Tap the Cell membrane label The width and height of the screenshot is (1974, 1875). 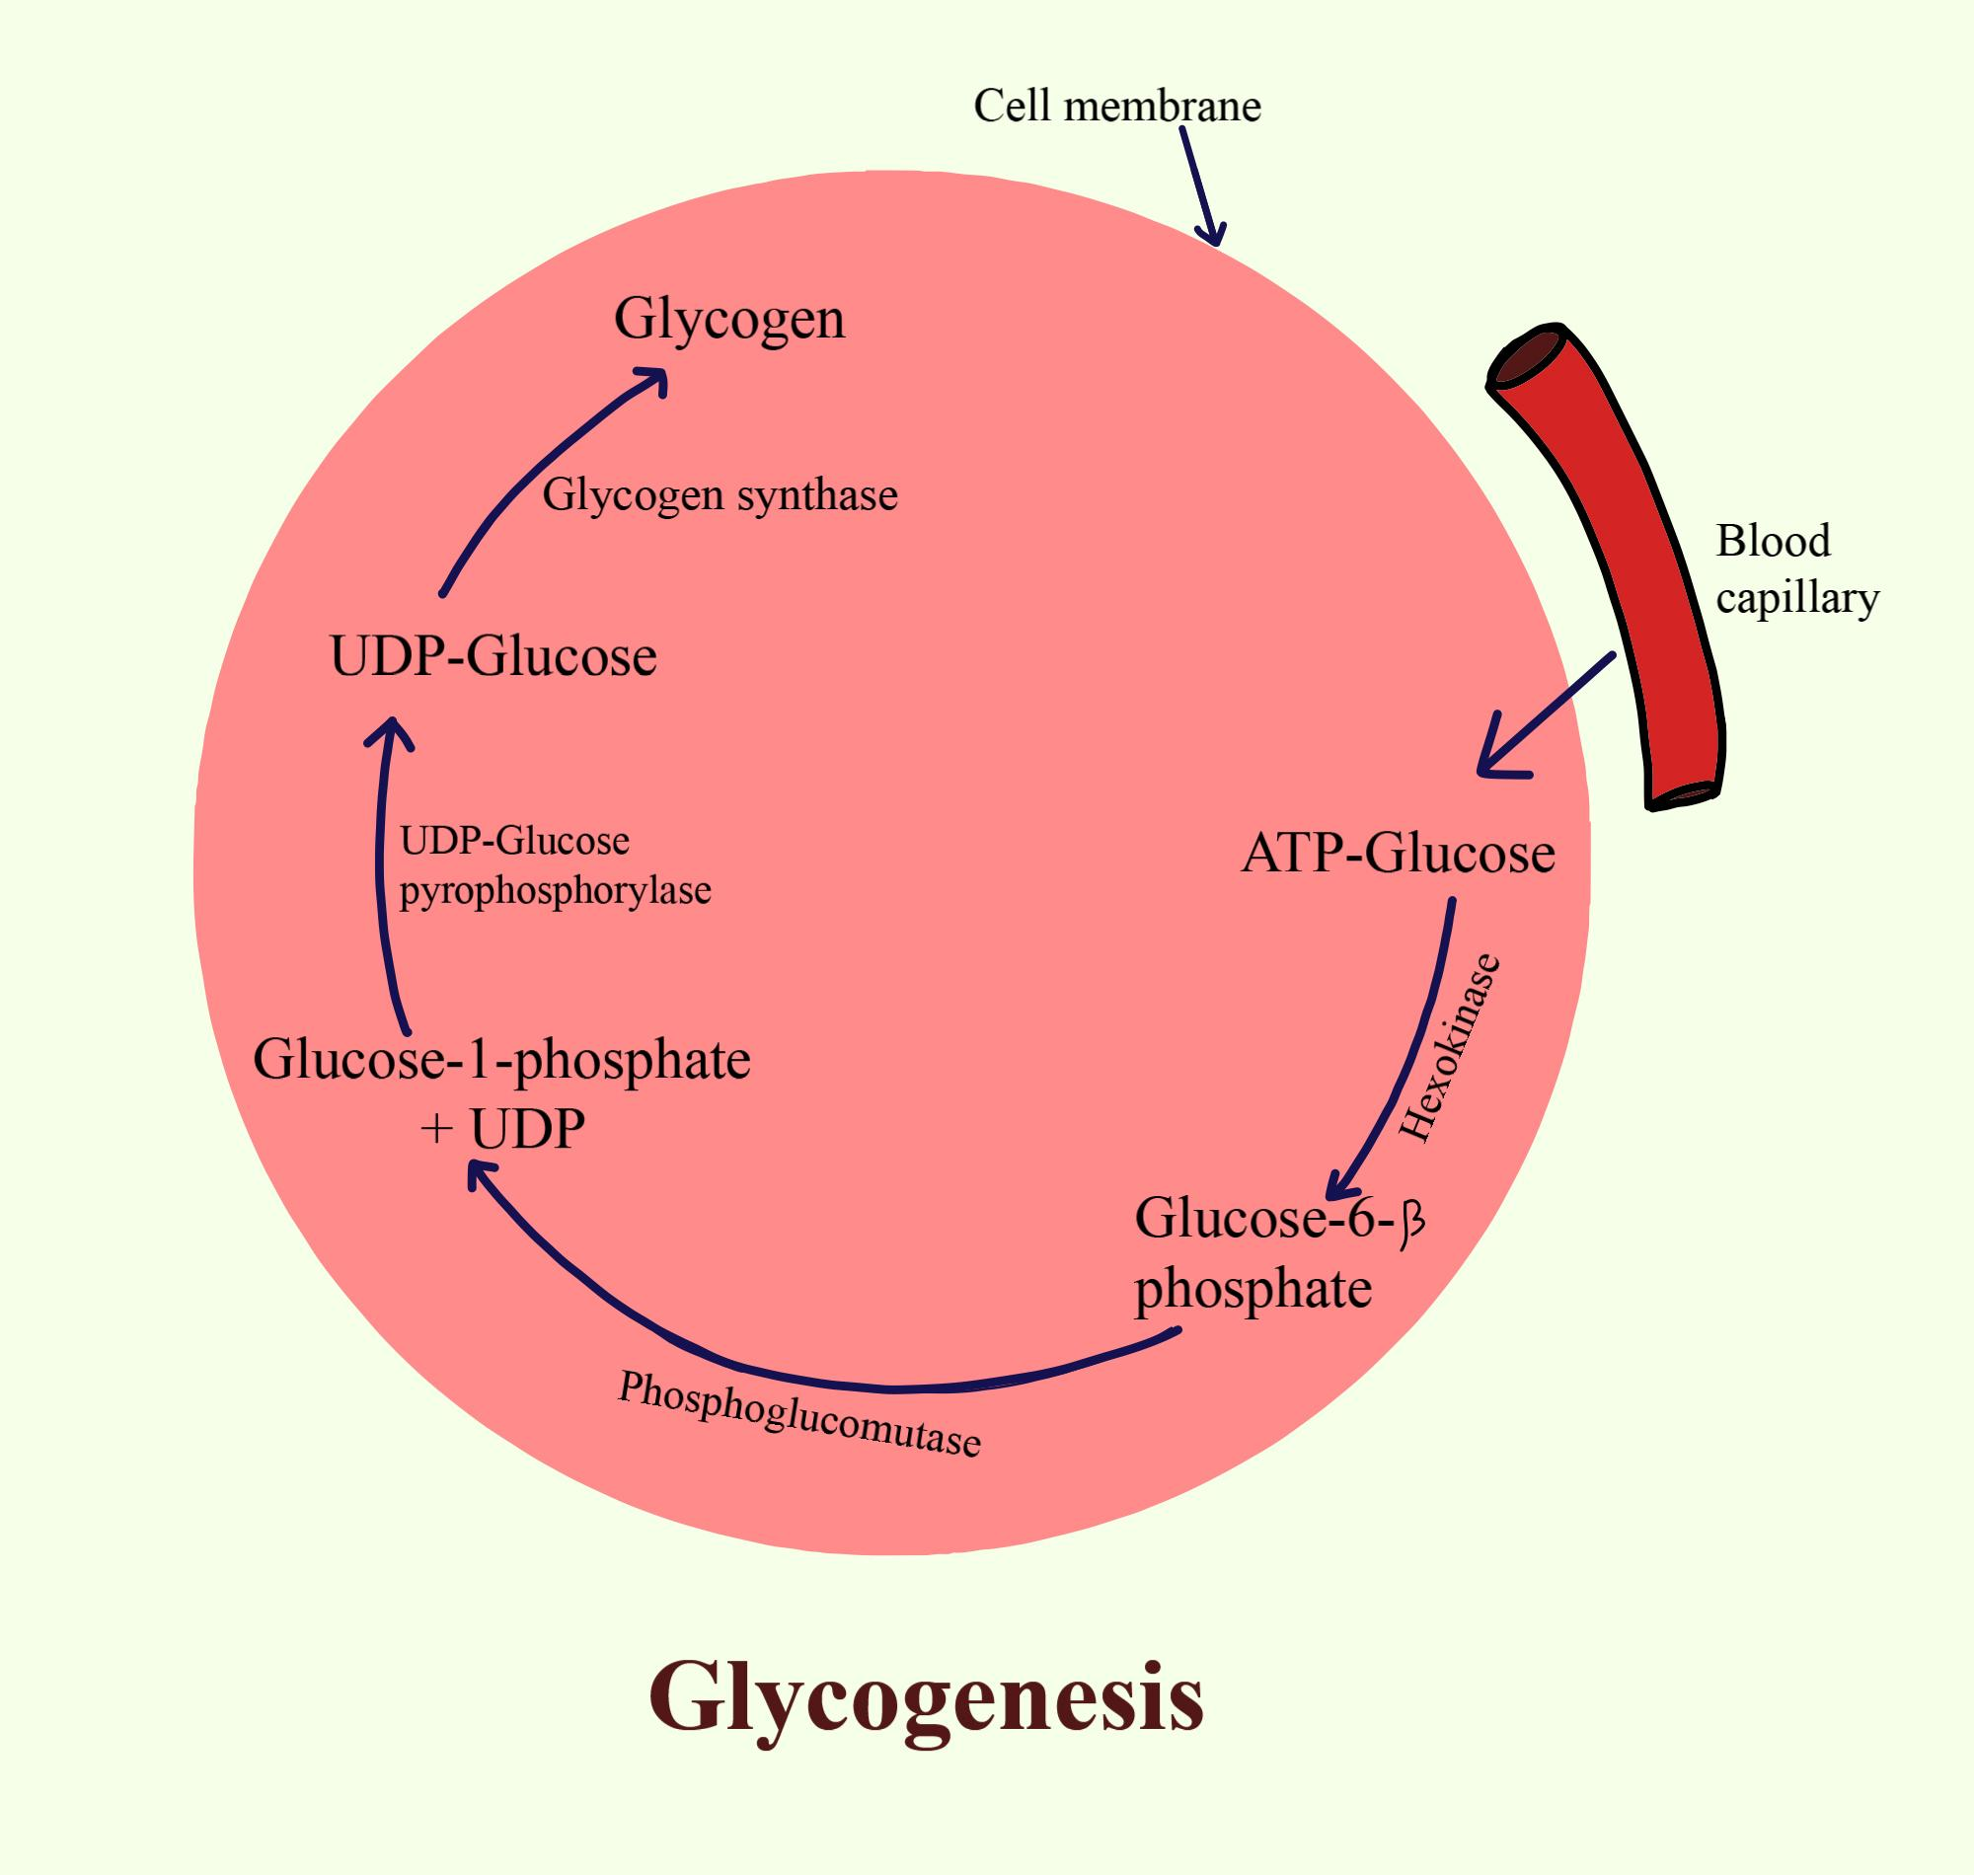click(x=1116, y=106)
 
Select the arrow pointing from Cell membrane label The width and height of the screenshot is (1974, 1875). click(x=1198, y=185)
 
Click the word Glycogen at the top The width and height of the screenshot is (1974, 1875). click(x=728, y=320)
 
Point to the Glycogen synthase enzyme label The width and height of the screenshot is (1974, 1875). click(x=720, y=495)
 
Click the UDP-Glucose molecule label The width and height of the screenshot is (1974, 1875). click(x=493, y=657)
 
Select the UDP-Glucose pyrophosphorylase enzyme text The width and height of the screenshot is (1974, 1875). click(x=555, y=865)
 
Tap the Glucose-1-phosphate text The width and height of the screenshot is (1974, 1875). click(x=500, y=1060)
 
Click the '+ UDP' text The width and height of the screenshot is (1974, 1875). click(x=502, y=1129)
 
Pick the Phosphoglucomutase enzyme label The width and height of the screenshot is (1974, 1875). click(x=799, y=1414)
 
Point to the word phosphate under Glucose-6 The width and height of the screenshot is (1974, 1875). click(x=1253, y=1290)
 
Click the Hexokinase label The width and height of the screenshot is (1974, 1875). click(x=1450, y=1049)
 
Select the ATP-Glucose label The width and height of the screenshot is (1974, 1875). click(x=1398, y=855)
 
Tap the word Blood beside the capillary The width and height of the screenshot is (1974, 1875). click(x=1772, y=541)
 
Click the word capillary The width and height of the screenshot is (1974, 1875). click(x=1797, y=598)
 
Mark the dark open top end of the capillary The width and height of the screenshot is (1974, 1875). click(x=1525, y=355)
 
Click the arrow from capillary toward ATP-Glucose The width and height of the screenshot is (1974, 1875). click(x=1545, y=714)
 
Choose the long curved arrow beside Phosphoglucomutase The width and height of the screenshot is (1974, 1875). click(x=799, y=1370)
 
